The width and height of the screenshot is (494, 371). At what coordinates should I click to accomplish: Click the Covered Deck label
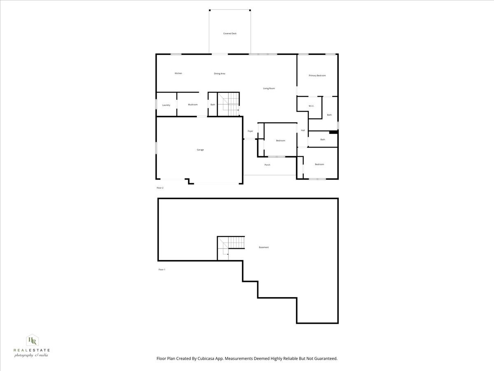pyautogui.click(x=230, y=33)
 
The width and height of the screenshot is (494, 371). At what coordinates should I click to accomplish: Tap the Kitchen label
pyautogui.click(x=178, y=73)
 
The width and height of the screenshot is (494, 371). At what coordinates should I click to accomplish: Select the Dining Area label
pyautogui.click(x=219, y=74)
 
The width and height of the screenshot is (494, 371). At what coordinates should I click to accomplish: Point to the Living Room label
pyautogui.click(x=269, y=88)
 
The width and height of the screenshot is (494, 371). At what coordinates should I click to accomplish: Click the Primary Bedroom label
pyautogui.click(x=317, y=75)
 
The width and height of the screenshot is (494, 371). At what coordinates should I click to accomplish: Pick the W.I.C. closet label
pyautogui.click(x=311, y=106)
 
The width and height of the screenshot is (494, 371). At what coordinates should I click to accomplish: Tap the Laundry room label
pyautogui.click(x=166, y=105)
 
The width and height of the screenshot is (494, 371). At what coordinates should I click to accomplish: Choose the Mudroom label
pyautogui.click(x=193, y=105)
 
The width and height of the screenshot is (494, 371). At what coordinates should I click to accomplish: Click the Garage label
pyautogui.click(x=200, y=150)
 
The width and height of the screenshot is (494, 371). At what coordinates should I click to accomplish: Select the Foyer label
pyautogui.click(x=250, y=131)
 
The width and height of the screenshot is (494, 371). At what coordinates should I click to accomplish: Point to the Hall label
pyautogui.click(x=303, y=130)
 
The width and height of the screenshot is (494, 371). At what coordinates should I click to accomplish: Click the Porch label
pyautogui.click(x=267, y=165)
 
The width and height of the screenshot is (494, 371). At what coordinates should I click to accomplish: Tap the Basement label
pyautogui.click(x=263, y=247)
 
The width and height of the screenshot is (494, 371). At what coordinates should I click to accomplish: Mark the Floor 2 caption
pyautogui.click(x=160, y=188)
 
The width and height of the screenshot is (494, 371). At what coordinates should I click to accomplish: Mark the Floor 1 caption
pyautogui.click(x=161, y=270)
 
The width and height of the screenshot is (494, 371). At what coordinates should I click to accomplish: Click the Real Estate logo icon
pyautogui.click(x=32, y=340)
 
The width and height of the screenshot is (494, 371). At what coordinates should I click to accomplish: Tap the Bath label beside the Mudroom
pyautogui.click(x=212, y=105)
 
